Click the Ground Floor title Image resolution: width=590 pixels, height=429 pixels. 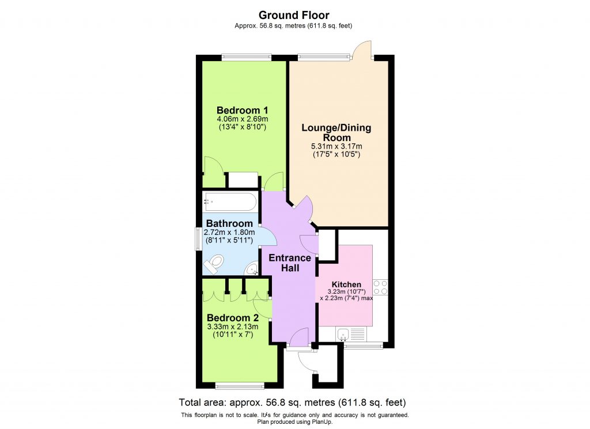click(x=294, y=15)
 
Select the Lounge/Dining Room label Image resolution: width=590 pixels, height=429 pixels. click(x=336, y=132)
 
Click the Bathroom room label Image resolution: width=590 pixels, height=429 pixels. click(x=229, y=223)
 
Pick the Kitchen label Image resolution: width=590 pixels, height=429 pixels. click(x=346, y=284)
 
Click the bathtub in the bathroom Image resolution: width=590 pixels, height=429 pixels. click(x=230, y=202)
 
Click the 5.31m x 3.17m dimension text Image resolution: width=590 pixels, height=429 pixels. click(x=336, y=147)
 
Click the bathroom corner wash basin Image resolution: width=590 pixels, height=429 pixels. click(x=252, y=269)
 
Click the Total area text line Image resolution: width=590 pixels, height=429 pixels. click(x=295, y=402)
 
